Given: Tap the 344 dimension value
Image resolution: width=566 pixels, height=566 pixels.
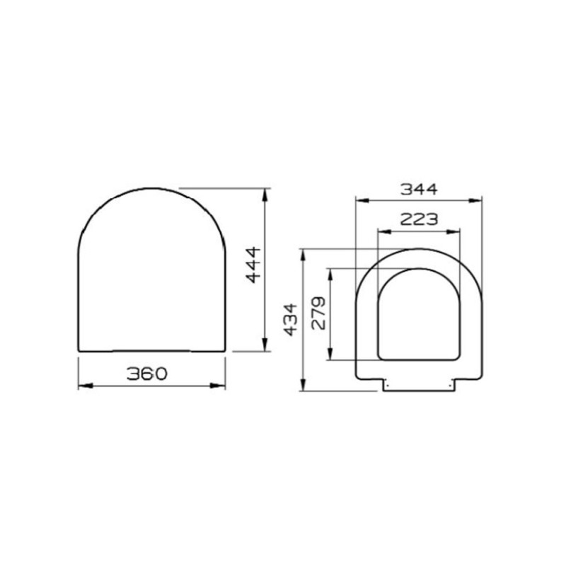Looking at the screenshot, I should coord(419,189).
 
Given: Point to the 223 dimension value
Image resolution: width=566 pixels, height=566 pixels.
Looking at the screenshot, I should coord(419,219).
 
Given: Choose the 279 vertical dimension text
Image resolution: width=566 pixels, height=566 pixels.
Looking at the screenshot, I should coord(319,314).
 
